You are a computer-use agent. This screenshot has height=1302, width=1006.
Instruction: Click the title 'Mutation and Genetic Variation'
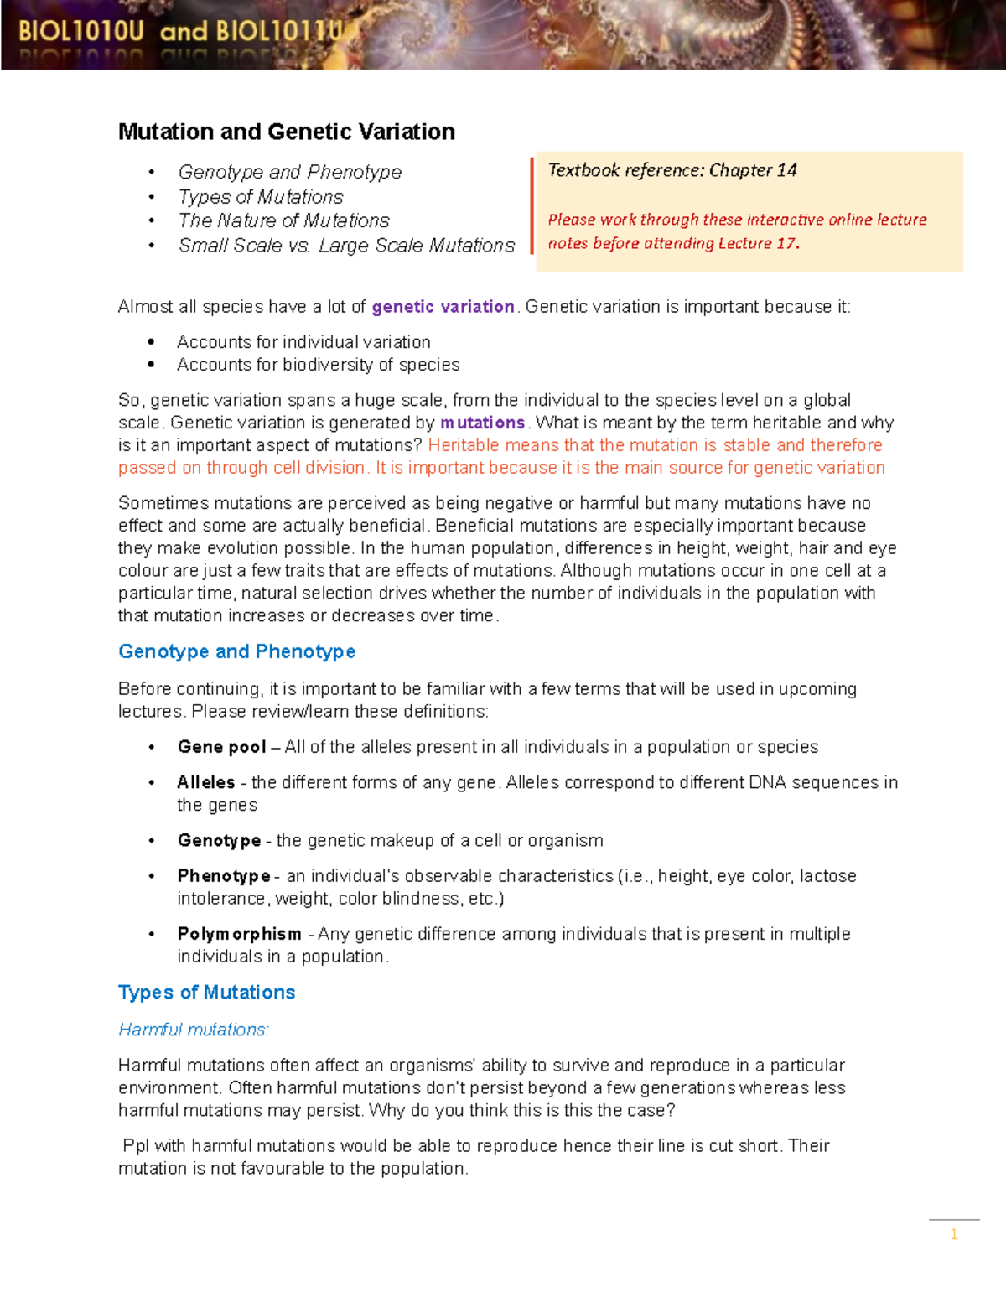287,132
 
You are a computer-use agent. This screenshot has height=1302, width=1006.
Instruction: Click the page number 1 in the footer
954,1234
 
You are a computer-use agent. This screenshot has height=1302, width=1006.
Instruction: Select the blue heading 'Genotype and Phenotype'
236,651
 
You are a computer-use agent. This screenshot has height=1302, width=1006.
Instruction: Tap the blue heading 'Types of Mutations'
206,993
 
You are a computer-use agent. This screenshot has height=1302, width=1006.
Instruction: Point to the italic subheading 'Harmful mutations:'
194,1030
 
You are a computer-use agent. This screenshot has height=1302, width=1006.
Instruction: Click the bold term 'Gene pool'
221,747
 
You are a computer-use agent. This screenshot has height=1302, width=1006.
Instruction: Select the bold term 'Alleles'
206,782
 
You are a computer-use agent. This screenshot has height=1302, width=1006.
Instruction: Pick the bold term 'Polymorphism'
239,934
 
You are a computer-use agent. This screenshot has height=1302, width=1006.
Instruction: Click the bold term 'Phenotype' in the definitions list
224,876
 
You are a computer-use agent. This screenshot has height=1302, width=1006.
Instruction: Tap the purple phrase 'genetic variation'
443,307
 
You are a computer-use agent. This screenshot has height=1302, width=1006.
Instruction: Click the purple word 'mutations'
482,423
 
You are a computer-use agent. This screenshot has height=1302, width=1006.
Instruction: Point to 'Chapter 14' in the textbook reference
753,170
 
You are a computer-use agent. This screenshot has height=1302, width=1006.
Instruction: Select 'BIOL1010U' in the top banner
81,32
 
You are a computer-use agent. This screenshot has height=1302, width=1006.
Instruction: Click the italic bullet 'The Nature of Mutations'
284,220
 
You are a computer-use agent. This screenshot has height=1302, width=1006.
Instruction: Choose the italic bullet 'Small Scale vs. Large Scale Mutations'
346,246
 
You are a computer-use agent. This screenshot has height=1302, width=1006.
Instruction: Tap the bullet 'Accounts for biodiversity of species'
318,365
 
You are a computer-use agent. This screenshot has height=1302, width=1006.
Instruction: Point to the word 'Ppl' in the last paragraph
137,1146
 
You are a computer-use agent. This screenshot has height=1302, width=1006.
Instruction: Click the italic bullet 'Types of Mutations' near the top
261,197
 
